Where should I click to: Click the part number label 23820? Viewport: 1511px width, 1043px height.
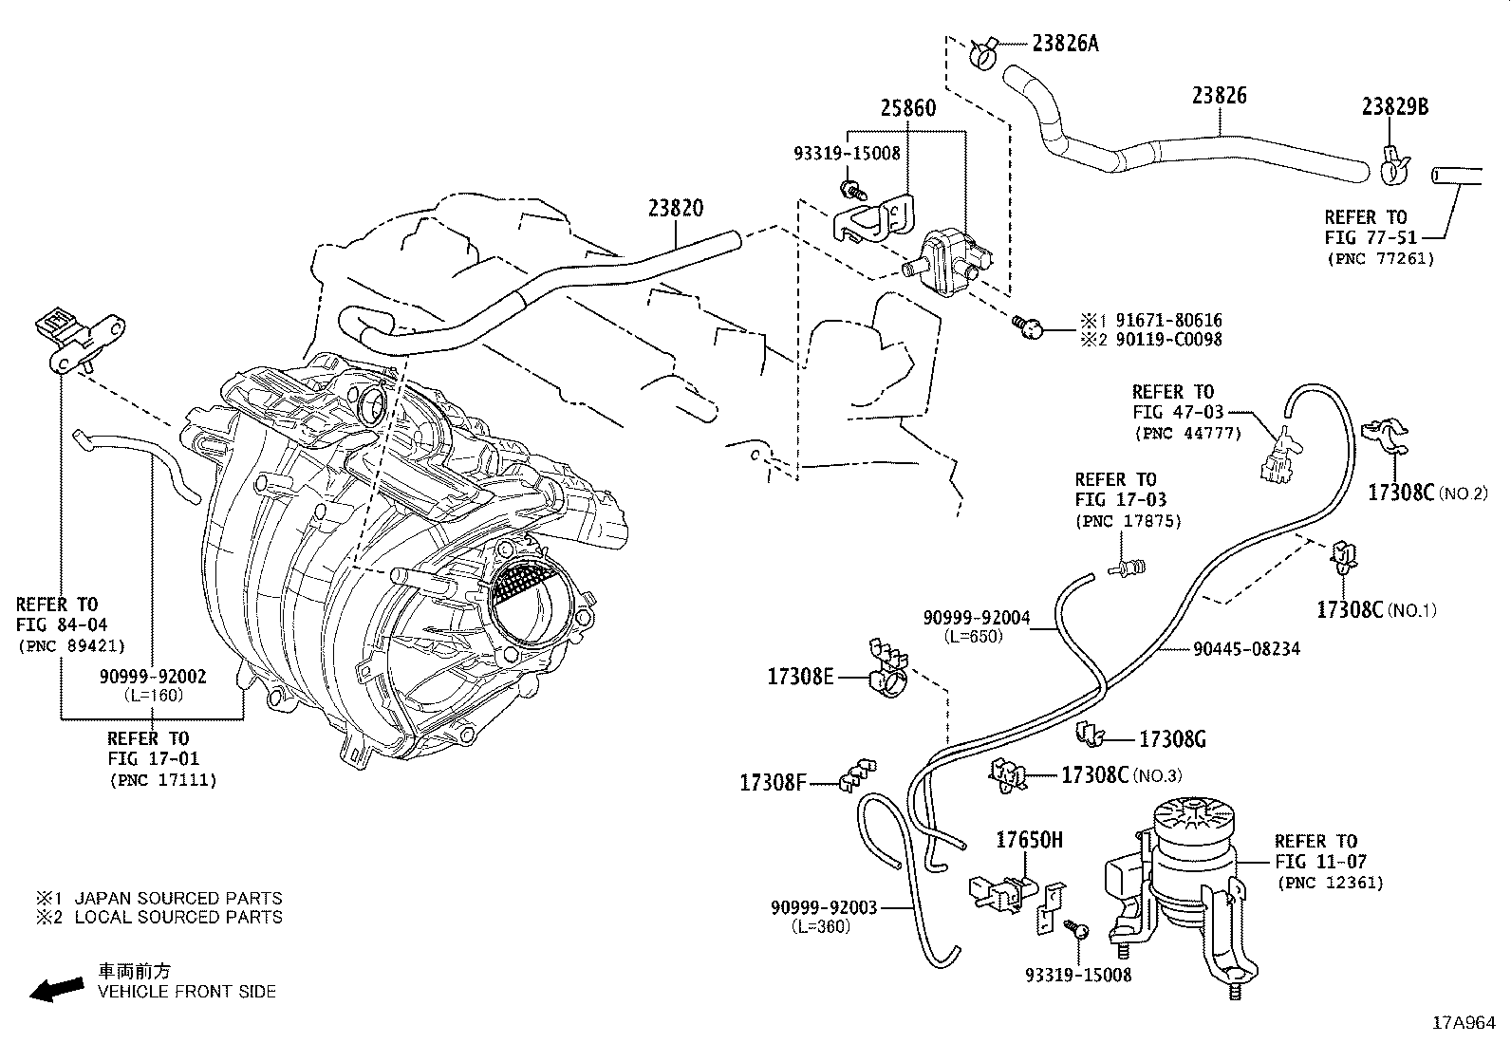[x=676, y=209]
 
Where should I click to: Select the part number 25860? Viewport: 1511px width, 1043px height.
[x=906, y=108]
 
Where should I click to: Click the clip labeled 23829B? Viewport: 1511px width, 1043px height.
[x=1390, y=167]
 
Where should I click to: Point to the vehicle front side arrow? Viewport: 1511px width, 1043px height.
[x=56, y=989]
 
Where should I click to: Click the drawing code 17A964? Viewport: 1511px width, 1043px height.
[x=1464, y=1024]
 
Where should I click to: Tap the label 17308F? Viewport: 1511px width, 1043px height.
[x=772, y=783]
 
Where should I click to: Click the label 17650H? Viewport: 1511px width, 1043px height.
[x=1029, y=840]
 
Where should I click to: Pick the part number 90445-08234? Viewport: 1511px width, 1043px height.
[x=1246, y=649]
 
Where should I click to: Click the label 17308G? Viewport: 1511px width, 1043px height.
[x=1171, y=739]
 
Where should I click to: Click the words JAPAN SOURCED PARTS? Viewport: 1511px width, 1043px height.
[x=177, y=898]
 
